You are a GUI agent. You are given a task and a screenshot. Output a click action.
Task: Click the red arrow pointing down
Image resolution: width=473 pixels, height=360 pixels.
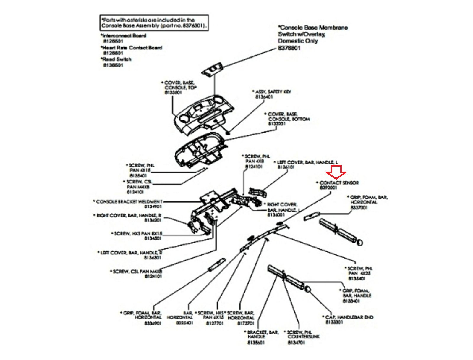336,172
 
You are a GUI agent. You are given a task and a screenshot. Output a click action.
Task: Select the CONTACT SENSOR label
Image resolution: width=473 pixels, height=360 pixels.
339,183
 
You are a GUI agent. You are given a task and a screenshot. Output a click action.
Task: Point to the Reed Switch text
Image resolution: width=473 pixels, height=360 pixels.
117,59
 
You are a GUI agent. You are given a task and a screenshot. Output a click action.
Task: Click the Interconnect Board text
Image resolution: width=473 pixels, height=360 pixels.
124,36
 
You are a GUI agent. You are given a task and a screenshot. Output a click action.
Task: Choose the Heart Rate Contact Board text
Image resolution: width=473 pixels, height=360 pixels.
132,48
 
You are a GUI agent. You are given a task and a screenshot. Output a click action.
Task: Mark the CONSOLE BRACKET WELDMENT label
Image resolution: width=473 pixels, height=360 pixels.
129,202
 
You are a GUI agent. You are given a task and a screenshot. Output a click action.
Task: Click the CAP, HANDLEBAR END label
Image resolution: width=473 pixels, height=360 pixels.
349,317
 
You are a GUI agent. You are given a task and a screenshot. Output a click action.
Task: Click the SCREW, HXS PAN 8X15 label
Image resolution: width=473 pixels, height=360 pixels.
138,234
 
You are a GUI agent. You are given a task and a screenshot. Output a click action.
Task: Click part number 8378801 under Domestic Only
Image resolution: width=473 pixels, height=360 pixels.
289,48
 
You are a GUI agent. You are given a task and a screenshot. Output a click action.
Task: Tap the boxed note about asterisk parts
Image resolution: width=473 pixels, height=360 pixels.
154,23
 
